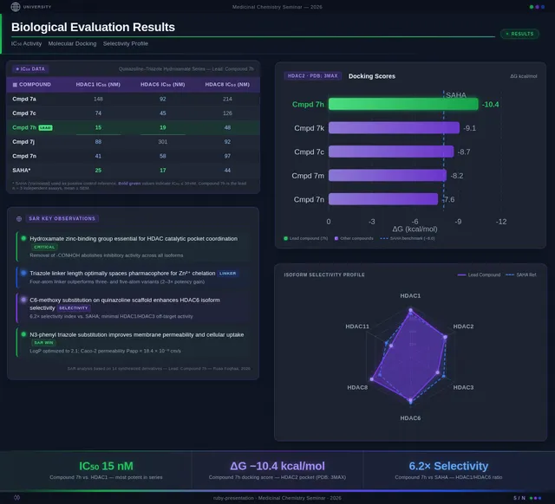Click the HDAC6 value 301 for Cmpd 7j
(x=162, y=141)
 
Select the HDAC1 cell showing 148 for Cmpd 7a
(x=98, y=100)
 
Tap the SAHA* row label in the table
(x=23, y=170)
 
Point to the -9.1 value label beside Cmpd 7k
(x=470, y=127)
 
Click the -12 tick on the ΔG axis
(x=500, y=222)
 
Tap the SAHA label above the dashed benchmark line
(x=455, y=94)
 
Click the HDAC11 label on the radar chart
(x=357, y=326)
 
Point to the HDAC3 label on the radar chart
(x=463, y=387)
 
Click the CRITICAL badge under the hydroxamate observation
(x=44, y=247)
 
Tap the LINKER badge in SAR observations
(x=227, y=273)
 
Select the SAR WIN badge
(x=43, y=343)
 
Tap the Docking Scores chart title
(x=371, y=76)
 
